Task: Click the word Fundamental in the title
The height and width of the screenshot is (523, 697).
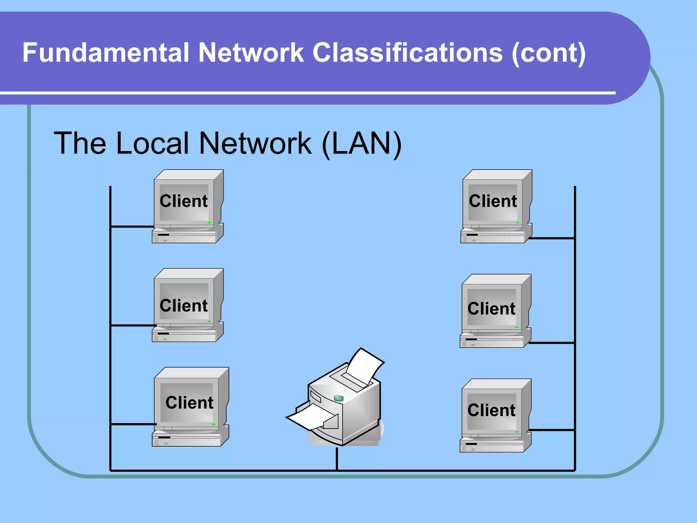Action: coord(105,53)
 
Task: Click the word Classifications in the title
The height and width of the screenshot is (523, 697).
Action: coord(407,53)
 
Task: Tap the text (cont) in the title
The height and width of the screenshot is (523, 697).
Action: coord(549,53)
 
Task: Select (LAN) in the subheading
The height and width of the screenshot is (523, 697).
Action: coord(362,144)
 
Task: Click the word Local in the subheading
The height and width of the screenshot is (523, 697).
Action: coord(152,143)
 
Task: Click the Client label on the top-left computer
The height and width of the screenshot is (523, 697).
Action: coord(183,201)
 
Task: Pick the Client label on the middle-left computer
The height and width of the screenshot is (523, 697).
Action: coord(183,305)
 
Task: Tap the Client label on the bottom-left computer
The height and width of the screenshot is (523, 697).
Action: coord(189,402)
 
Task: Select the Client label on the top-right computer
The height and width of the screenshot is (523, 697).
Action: coord(492,201)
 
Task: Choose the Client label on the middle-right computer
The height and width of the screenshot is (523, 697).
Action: coord(491,308)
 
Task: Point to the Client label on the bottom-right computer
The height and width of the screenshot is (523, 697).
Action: coord(491,410)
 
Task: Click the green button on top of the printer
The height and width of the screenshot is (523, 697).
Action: coord(339,398)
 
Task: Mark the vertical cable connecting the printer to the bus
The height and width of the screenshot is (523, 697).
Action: coord(337,459)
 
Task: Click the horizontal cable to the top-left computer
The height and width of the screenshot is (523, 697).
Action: coord(132,226)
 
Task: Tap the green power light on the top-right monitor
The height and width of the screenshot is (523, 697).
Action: coord(518,222)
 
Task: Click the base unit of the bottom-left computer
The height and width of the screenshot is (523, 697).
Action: coord(187,439)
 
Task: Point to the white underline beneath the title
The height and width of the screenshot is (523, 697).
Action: coord(306,93)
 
